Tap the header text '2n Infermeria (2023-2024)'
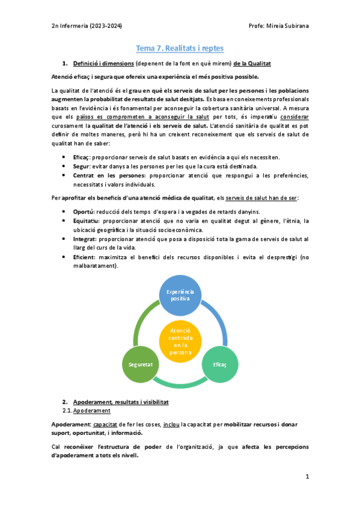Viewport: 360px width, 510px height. pos(87,25)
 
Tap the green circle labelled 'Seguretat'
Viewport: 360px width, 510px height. pos(141,364)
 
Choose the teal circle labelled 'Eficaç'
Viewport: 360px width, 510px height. pos(219,364)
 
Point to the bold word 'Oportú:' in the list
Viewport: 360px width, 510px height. pos(85,211)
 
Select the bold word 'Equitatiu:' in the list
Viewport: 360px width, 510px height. pos(88,221)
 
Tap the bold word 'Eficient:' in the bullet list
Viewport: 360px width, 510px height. pos(87,257)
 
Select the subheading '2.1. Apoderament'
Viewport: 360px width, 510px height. pos(87,410)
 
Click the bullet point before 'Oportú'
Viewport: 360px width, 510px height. pos(64,211)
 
